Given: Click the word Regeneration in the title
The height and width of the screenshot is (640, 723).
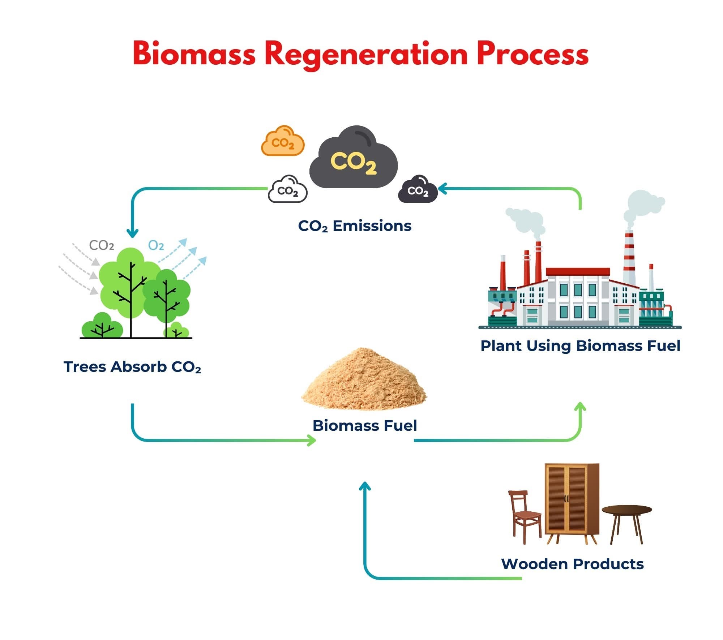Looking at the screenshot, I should pos(366,54).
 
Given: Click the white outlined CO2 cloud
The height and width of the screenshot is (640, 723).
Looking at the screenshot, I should pos(288,190).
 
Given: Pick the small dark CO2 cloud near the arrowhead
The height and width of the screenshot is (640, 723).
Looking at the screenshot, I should pos(418,190).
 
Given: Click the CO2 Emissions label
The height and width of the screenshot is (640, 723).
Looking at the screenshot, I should pos(355,226).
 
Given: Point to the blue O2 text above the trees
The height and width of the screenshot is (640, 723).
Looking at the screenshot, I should pos(156,246).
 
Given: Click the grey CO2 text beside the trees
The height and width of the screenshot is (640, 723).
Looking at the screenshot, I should pos(102,246).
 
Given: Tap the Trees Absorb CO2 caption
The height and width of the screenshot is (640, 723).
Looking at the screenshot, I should pos(132,367).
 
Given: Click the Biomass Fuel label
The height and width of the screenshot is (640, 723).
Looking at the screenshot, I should pos(364,425).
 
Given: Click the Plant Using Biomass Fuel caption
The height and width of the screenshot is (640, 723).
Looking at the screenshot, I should pos(580,346).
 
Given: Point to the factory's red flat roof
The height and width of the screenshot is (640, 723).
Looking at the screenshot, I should pos(578,271).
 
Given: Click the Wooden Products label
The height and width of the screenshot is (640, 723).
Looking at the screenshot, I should pos(572,564).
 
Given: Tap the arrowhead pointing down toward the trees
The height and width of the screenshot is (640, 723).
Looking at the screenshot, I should pos(133,233).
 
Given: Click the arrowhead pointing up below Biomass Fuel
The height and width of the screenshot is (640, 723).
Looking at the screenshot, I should pos(365,487).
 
